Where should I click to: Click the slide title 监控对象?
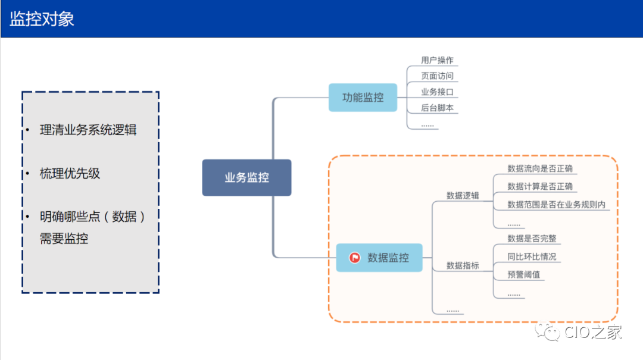42,18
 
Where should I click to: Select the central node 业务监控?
246,177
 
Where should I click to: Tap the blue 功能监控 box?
363,98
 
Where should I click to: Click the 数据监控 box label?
388,258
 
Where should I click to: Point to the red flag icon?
355,258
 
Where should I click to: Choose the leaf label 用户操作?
437,60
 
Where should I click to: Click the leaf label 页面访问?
437,76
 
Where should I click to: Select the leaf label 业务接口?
437,92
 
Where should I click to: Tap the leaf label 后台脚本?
437,108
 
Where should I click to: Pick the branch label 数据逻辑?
463,195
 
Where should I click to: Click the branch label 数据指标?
463,265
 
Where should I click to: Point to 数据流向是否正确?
540,169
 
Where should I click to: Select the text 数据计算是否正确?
540,187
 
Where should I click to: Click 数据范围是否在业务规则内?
556,205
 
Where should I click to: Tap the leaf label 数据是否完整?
532,239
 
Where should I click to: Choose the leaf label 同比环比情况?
532,257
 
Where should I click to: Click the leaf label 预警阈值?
523,275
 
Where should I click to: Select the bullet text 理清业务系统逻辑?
88,130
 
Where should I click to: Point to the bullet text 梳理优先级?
70,174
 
